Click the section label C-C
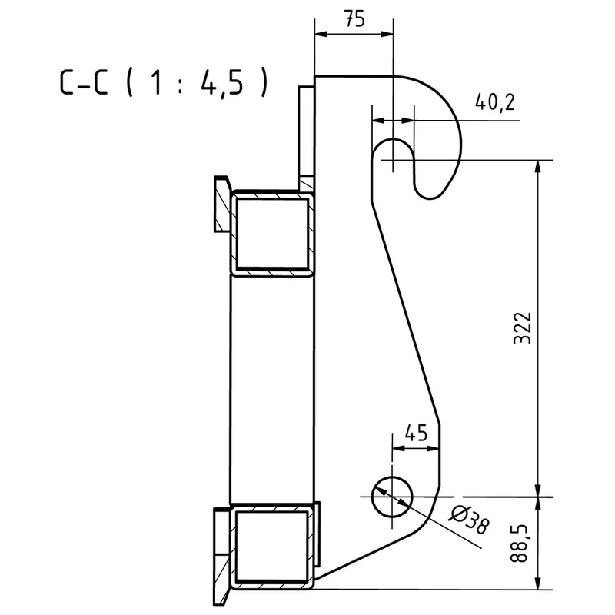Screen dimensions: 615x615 84,82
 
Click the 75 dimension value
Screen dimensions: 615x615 354,18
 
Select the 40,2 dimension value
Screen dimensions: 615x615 494,102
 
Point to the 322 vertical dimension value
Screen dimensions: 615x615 523,328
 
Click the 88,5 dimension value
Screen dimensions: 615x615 520,543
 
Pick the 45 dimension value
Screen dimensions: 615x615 415,434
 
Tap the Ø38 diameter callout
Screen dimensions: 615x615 470,520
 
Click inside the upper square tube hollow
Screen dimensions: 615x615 273,234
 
